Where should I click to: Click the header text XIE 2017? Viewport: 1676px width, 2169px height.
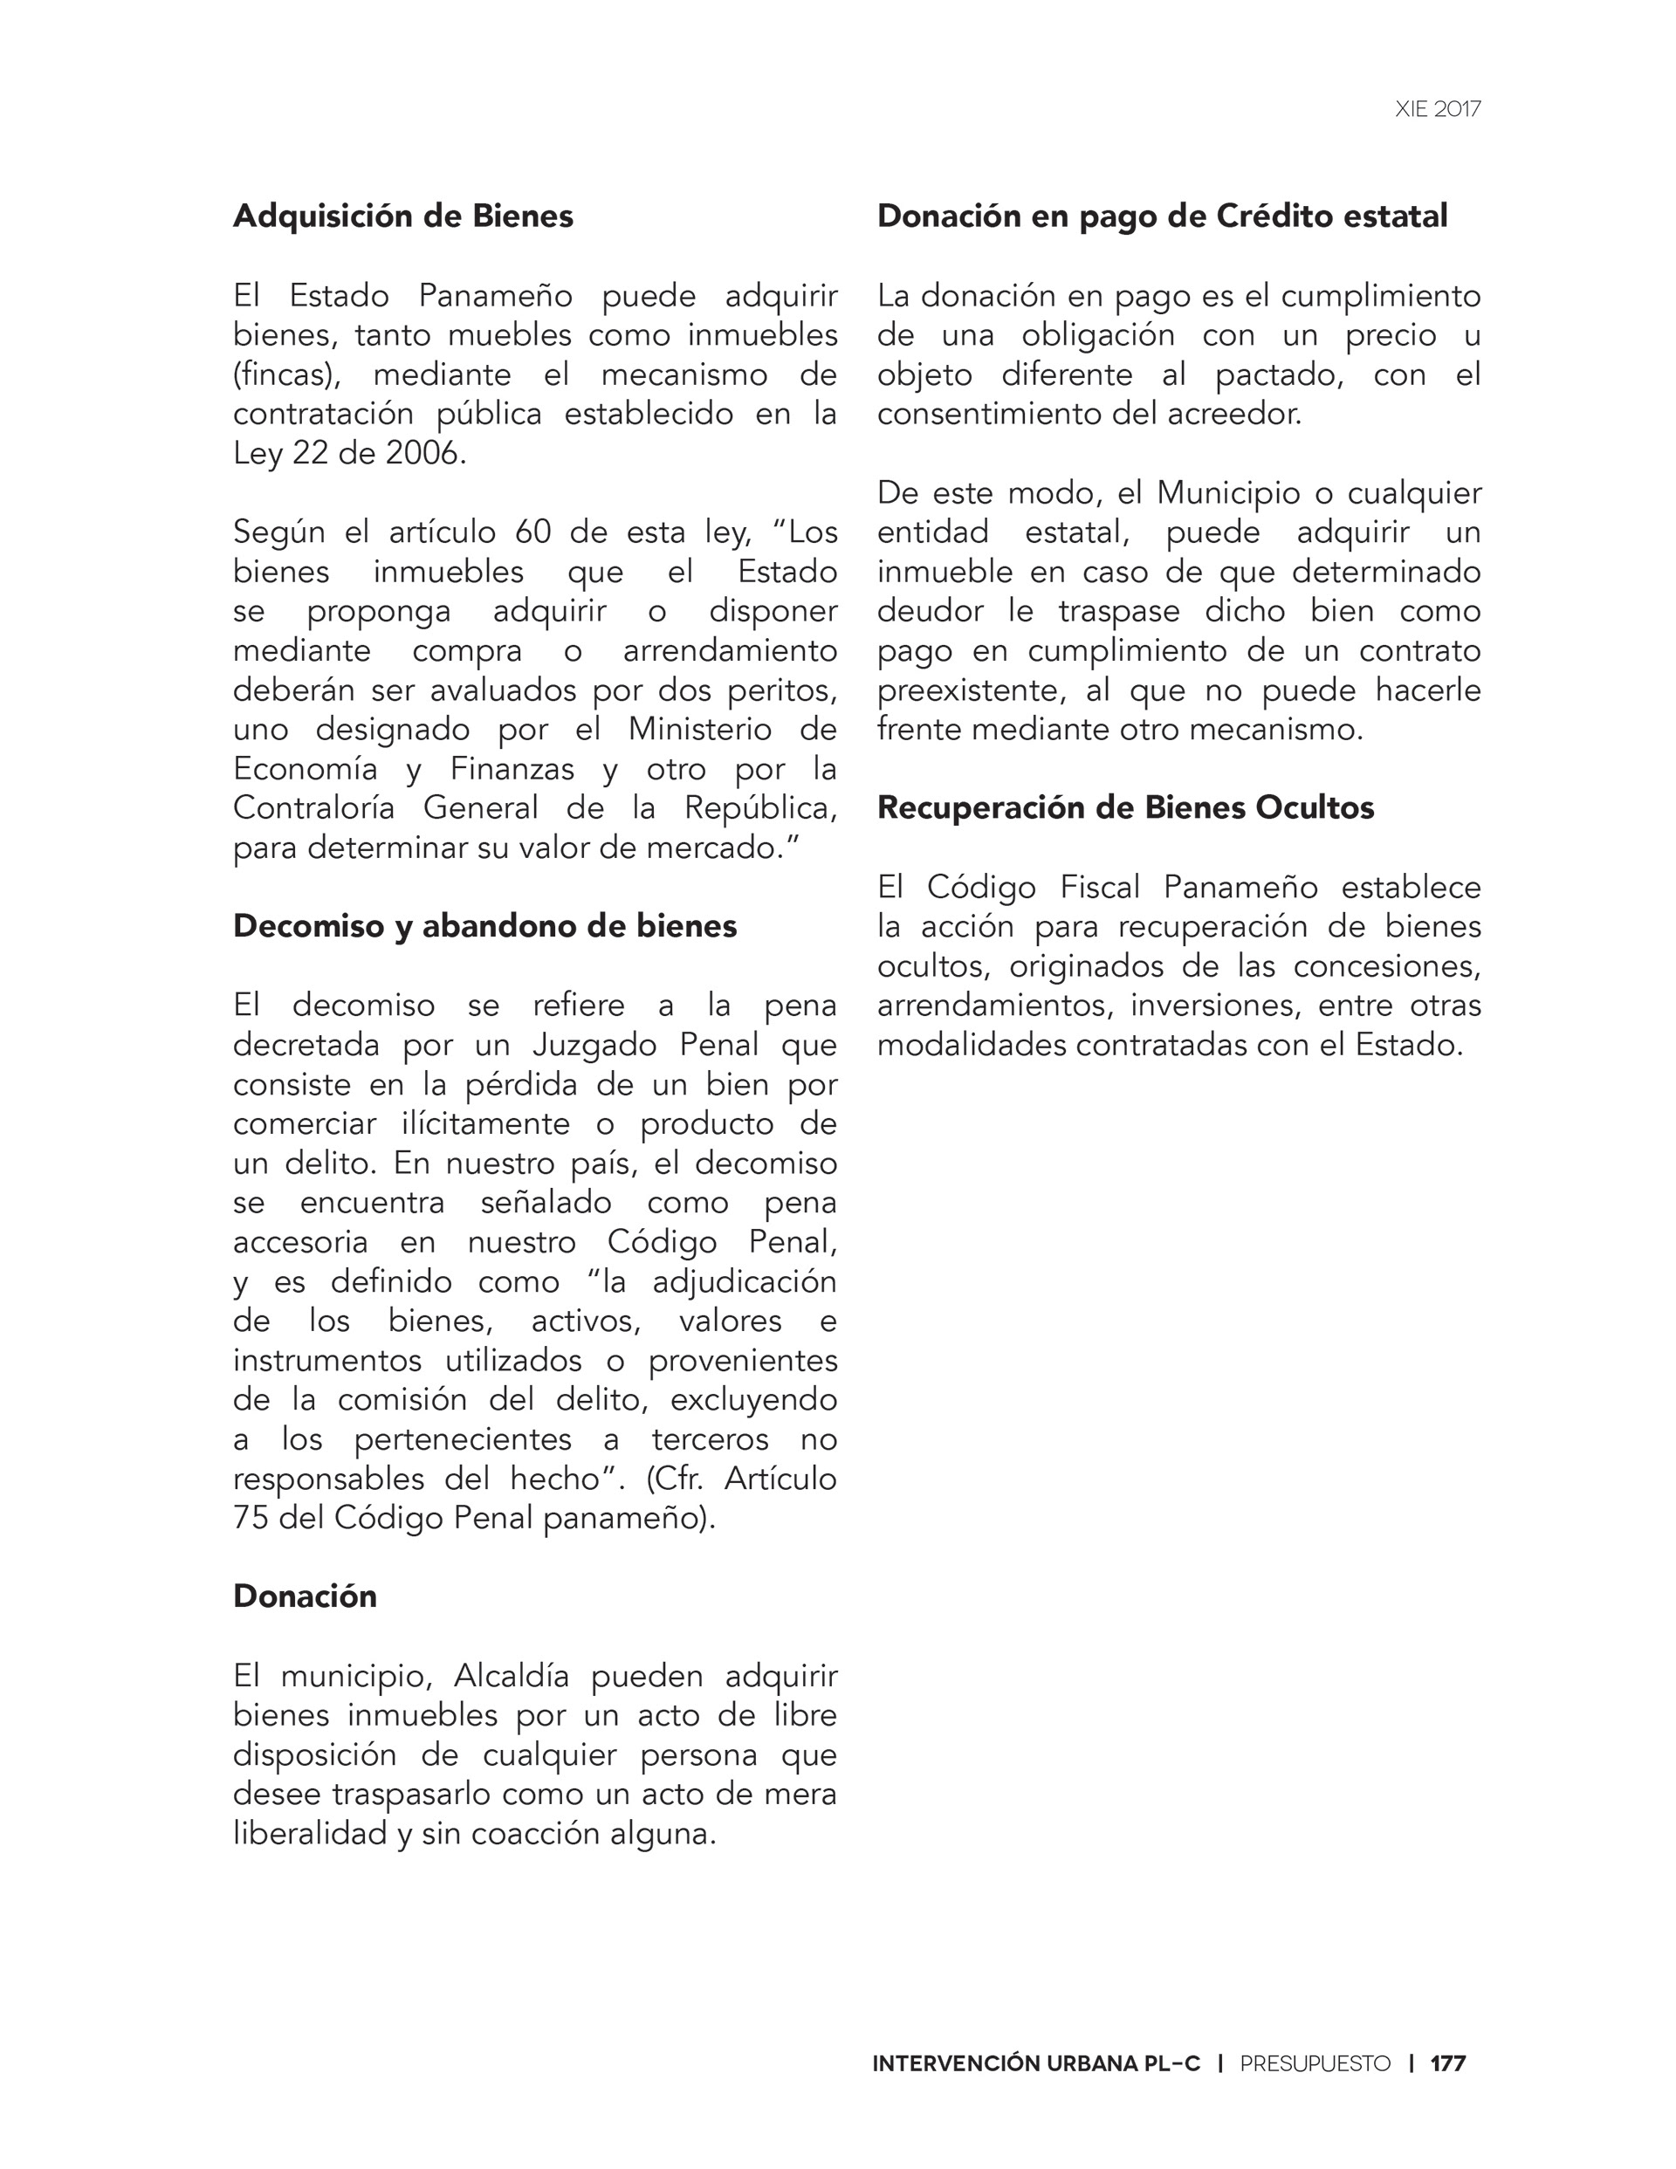pos(1437,109)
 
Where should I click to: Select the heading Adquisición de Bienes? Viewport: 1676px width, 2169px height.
pos(402,216)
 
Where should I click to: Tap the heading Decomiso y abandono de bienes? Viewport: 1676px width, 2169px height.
pos(484,925)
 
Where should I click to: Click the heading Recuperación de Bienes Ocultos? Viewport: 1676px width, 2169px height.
pos(1124,807)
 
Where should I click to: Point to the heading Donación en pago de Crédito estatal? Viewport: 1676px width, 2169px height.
pos(1161,216)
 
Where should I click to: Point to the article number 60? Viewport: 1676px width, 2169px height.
pos(532,532)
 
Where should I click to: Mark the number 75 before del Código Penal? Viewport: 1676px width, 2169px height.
pos(251,1518)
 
